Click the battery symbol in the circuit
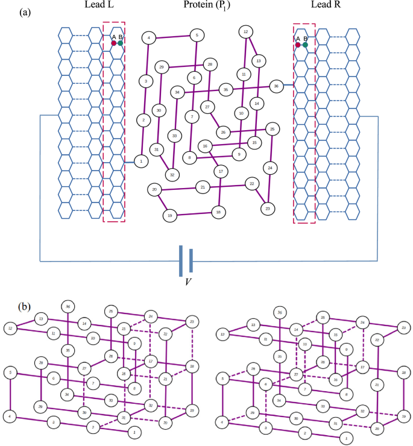[x=185, y=260]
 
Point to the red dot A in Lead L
[x=113, y=43]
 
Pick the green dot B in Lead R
[x=305, y=45]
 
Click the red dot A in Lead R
[x=298, y=45]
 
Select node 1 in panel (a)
[x=141, y=161]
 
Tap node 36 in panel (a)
[x=276, y=86]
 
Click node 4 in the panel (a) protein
[x=148, y=38]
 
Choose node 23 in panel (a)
[x=267, y=209]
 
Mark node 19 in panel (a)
[x=171, y=215]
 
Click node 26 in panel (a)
[x=223, y=132]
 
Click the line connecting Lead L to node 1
[x=129, y=161]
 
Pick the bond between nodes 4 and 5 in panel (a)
[x=172, y=37]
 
